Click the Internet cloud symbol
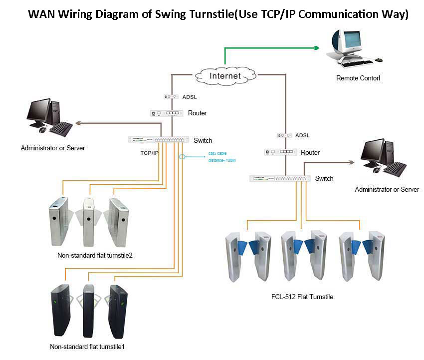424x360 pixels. pyautogui.click(x=224, y=76)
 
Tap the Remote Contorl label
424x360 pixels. pyautogui.click(x=358, y=78)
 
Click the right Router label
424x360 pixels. pyautogui.click(x=310, y=153)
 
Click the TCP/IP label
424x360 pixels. pyautogui.click(x=149, y=153)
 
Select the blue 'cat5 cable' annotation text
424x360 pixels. pyautogui.click(x=217, y=154)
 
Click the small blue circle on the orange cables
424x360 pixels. pyautogui.click(x=182, y=156)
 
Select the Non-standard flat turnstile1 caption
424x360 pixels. pyautogui.click(x=90, y=347)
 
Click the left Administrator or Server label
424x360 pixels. pyautogui.click(x=52, y=148)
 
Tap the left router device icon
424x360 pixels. pyautogui.click(x=167, y=113)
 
